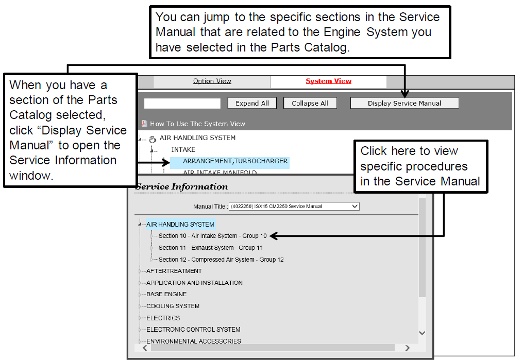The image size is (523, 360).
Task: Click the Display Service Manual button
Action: pyautogui.click(x=404, y=104)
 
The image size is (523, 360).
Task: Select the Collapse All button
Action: pyautogui.click(x=310, y=104)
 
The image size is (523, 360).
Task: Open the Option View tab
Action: pyautogui.click(x=212, y=81)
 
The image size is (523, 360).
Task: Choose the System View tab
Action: pyautogui.click(x=329, y=81)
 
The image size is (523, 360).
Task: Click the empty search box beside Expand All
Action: pyautogui.click(x=182, y=104)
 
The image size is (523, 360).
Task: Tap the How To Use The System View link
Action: pyautogui.click(x=197, y=124)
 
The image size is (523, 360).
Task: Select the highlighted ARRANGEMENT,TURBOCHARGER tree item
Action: pyautogui.click(x=235, y=161)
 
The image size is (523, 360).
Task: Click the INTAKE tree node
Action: pyautogui.click(x=183, y=150)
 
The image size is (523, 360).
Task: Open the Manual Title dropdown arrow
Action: pyautogui.click(x=355, y=207)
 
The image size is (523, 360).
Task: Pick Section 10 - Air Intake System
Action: pyautogui.click(x=212, y=236)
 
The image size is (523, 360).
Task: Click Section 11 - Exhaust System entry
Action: pyautogui.click(x=210, y=248)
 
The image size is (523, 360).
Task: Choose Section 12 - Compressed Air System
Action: pyautogui.click(x=221, y=260)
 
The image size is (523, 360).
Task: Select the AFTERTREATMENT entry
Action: pyautogui.click(x=174, y=271)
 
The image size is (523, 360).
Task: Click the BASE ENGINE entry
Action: pyautogui.click(x=166, y=294)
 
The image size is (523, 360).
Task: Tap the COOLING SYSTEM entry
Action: pyautogui.click(x=173, y=306)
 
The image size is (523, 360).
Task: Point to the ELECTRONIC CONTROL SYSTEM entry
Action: pyautogui.click(x=193, y=330)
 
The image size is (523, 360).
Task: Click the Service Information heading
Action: pyautogui.click(x=182, y=186)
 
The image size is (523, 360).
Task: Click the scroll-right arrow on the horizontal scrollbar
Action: pyautogui.click(x=407, y=348)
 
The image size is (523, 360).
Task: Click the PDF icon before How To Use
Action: pyautogui.click(x=144, y=124)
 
